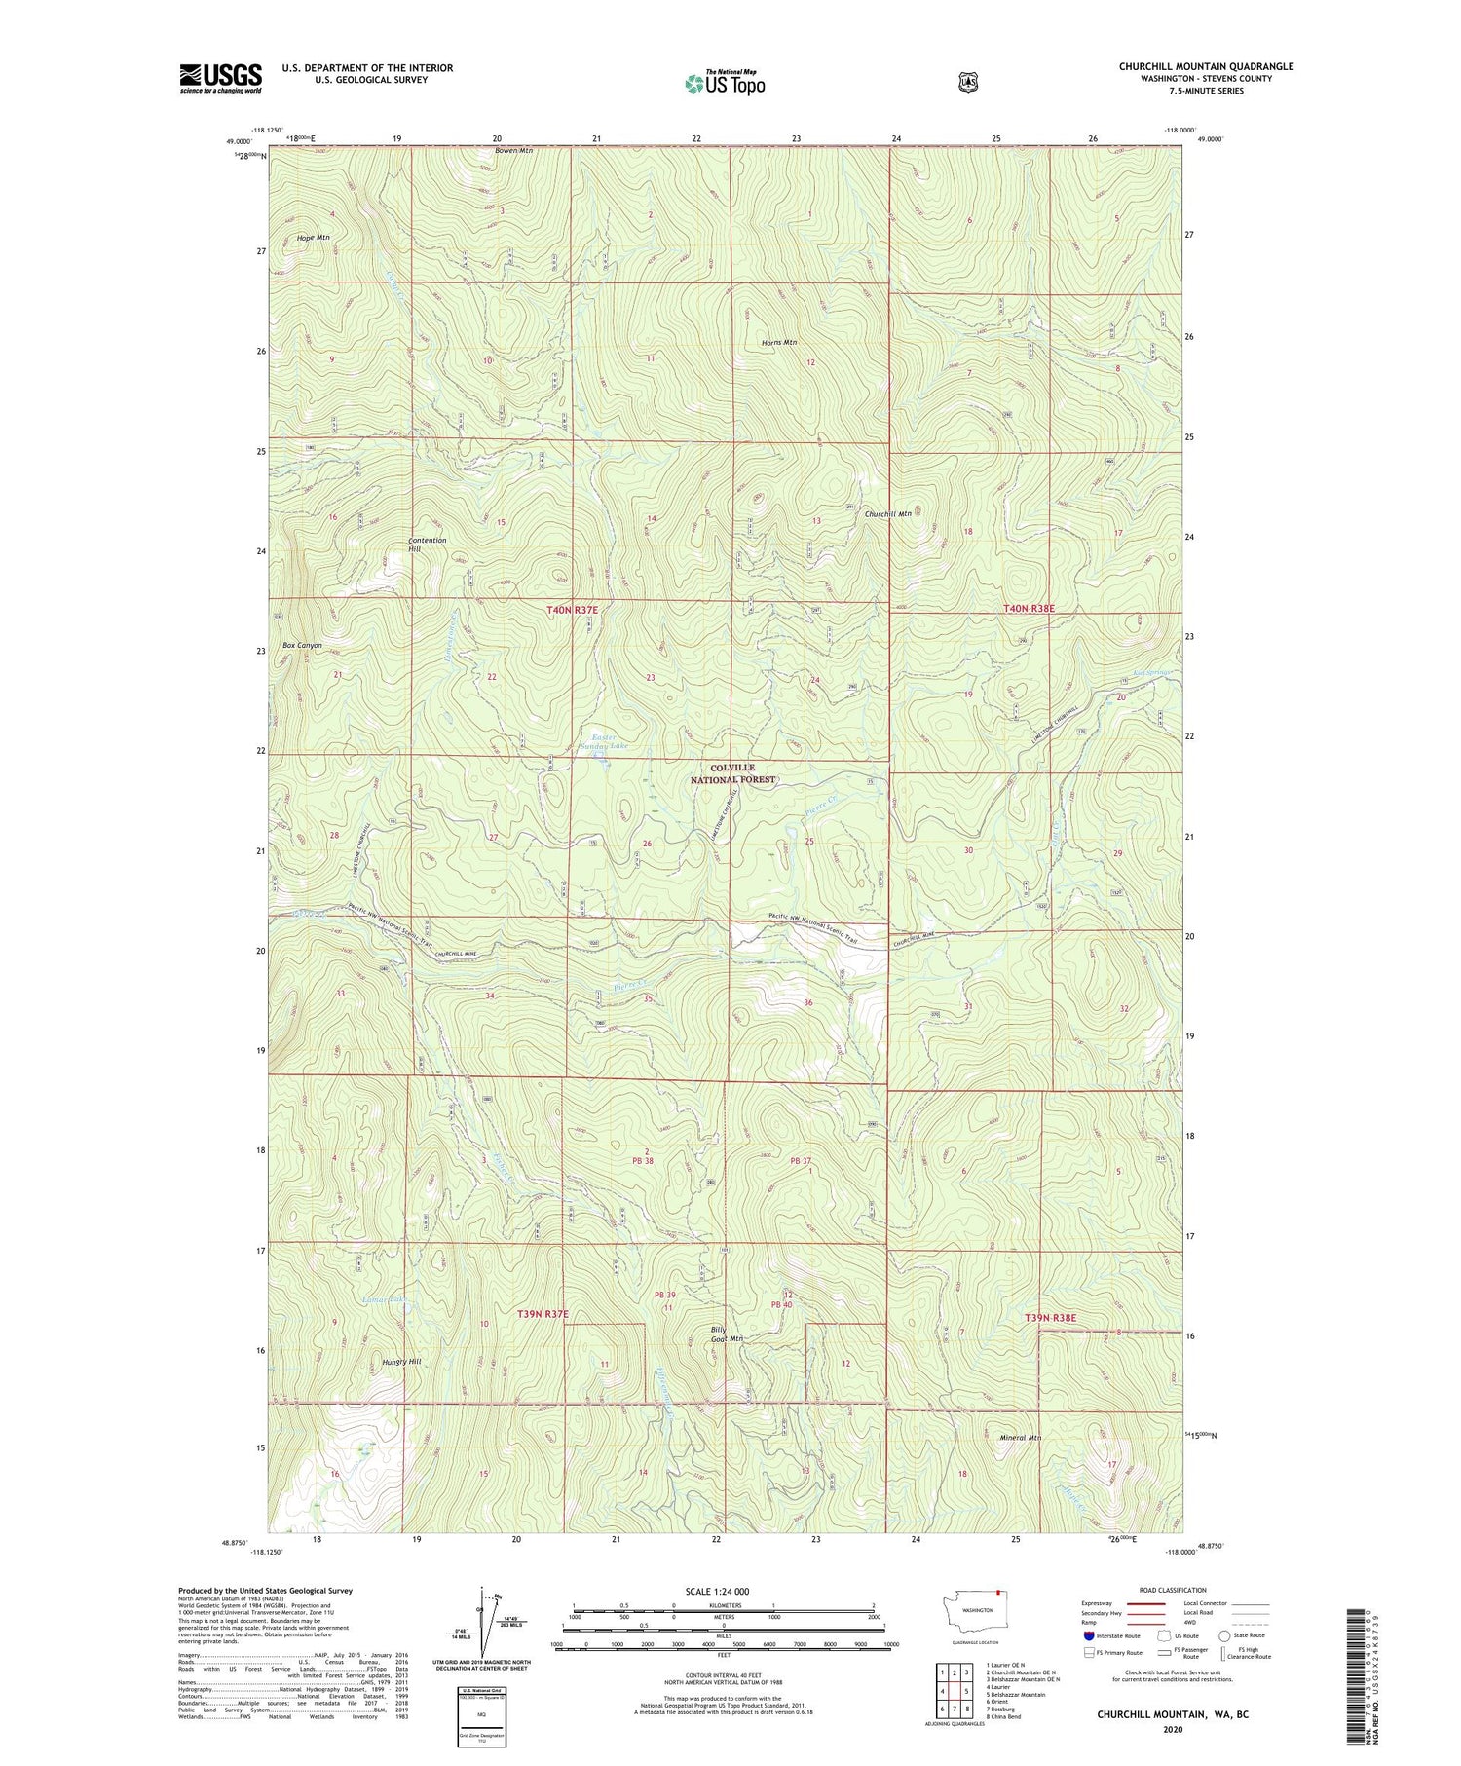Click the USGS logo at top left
tap(220, 78)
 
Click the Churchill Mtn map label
tap(887, 514)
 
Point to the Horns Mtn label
tap(779, 343)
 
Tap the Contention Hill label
tap(427, 545)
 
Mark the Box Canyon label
tap(302, 646)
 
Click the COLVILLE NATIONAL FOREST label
tap(733, 774)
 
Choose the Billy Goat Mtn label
tap(726, 1334)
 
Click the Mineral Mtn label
tap(1021, 1438)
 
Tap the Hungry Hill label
tap(401, 1362)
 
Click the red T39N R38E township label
tap(1050, 1317)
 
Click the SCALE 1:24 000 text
tap(717, 1591)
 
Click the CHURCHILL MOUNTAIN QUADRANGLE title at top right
tap(1206, 66)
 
